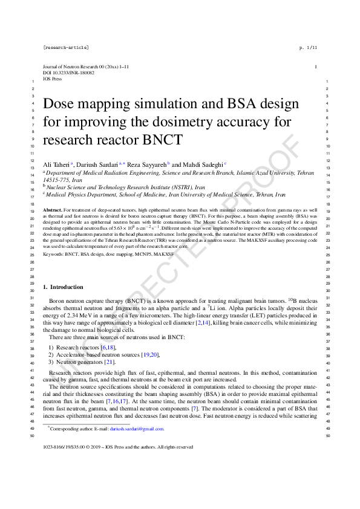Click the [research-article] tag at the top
tap(66, 47)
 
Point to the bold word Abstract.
tap(53, 208)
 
